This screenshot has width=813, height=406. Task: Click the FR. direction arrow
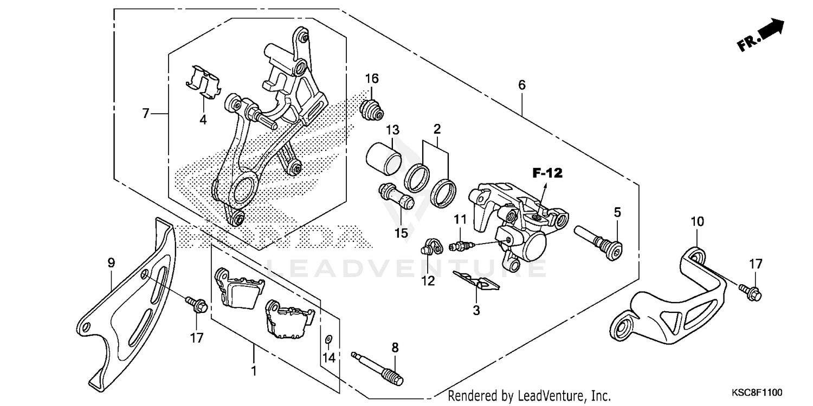pyautogui.click(x=761, y=36)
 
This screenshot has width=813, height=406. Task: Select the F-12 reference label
pyautogui.click(x=547, y=174)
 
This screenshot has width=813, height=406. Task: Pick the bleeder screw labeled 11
pyautogui.click(x=461, y=247)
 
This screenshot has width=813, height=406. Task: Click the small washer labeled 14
pyautogui.click(x=328, y=339)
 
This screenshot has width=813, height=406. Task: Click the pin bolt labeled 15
pyautogui.click(x=397, y=197)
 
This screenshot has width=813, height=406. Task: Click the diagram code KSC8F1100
pyautogui.click(x=758, y=392)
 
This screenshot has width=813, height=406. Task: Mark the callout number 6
pyautogui.click(x=521, y=85)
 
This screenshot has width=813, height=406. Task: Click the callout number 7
pyautogui.click(x=145, y=114)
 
